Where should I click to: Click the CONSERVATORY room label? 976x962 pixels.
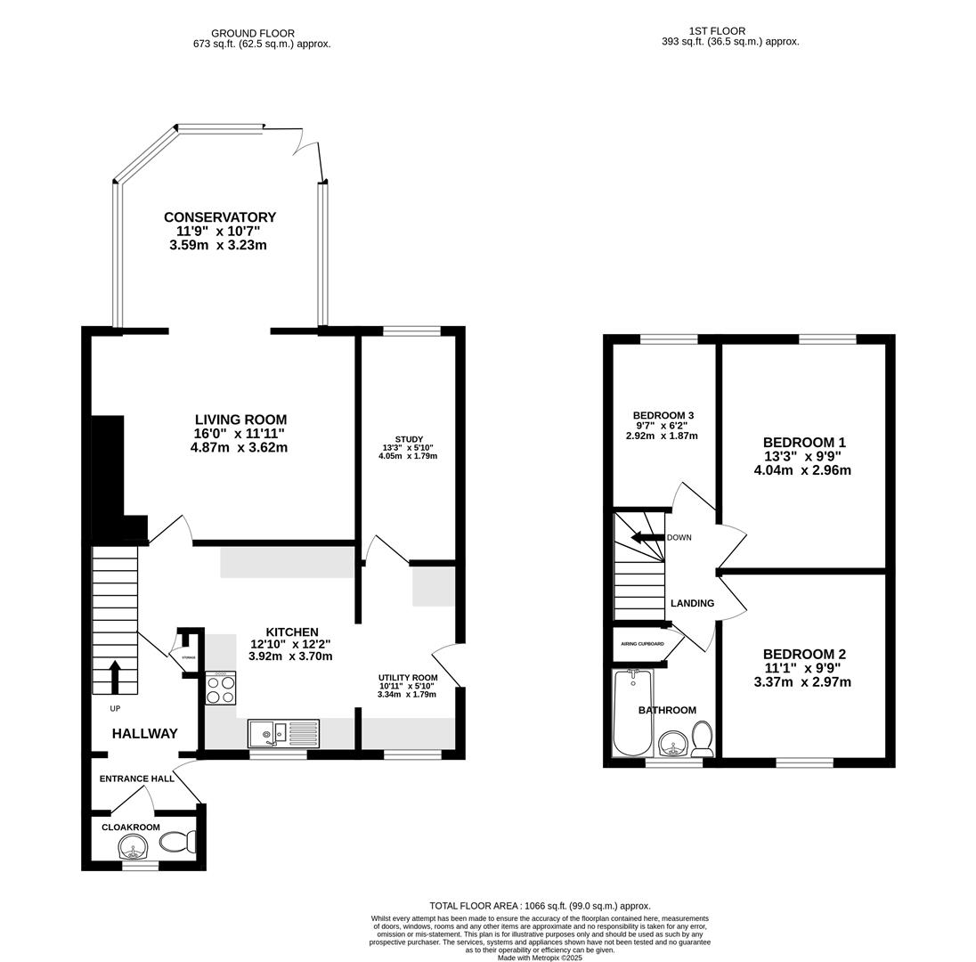pyautogui.click(x=220, y=217)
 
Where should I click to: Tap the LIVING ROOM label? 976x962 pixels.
pyautogui.click(x=240, y=420)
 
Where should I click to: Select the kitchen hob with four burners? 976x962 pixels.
pyautogui.click(x=221, y=688)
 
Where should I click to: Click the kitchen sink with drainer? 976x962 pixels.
pyautogui.click(x=283, y=733)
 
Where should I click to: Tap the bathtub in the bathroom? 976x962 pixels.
pyautogui.click(x=633, y=713)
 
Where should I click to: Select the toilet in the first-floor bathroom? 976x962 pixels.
pyautogui.click(x=702, y=738)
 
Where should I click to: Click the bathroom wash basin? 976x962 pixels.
pyautogui.click(x=674, y=743)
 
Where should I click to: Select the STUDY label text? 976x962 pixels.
pyautogui.click(x=409, y=439)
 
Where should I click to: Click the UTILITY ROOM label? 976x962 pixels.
pyautogui.click(x=408, y=678)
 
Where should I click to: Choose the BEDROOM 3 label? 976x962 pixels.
pyautogui.click(x=663, y=415)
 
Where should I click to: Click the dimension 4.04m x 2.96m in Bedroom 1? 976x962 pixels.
pyautogui.click(x=802, y=470)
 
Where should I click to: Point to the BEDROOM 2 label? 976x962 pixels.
pyautogui.click(x=804, y=654)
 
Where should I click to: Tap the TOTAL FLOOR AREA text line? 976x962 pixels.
pyautogui.click(x=540, y=905)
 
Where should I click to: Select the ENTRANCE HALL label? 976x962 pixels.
pyautogui.click(x=137, y=779)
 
